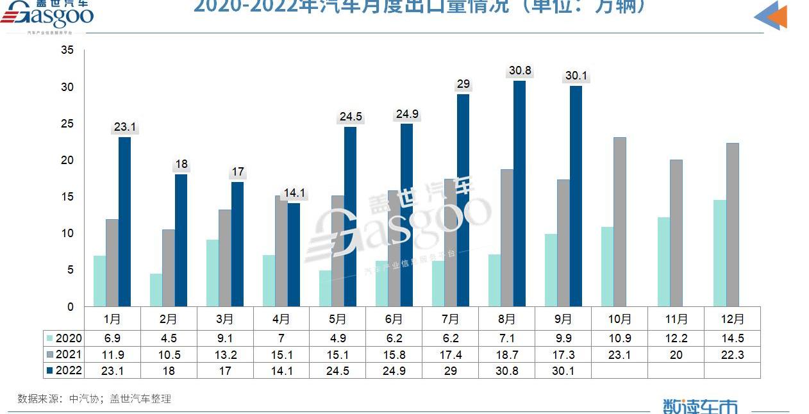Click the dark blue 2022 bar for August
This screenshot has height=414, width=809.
519,194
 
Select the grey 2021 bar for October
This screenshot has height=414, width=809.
619,222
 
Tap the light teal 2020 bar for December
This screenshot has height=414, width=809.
720,253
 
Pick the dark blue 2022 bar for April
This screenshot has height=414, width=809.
294,254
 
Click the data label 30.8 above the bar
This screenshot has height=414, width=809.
519,70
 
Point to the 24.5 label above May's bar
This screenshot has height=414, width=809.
351,117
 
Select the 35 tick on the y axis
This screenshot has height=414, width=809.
67,50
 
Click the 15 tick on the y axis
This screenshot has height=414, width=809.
67,197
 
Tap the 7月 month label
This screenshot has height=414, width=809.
451,319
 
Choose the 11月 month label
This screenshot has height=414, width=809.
676,319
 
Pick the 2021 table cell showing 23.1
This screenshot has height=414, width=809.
619,354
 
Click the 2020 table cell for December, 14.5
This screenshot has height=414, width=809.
732,338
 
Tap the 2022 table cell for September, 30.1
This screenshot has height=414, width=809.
563,370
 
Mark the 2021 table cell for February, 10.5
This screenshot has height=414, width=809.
169,354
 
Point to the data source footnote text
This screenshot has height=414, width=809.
94,399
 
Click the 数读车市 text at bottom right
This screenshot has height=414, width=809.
700,406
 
